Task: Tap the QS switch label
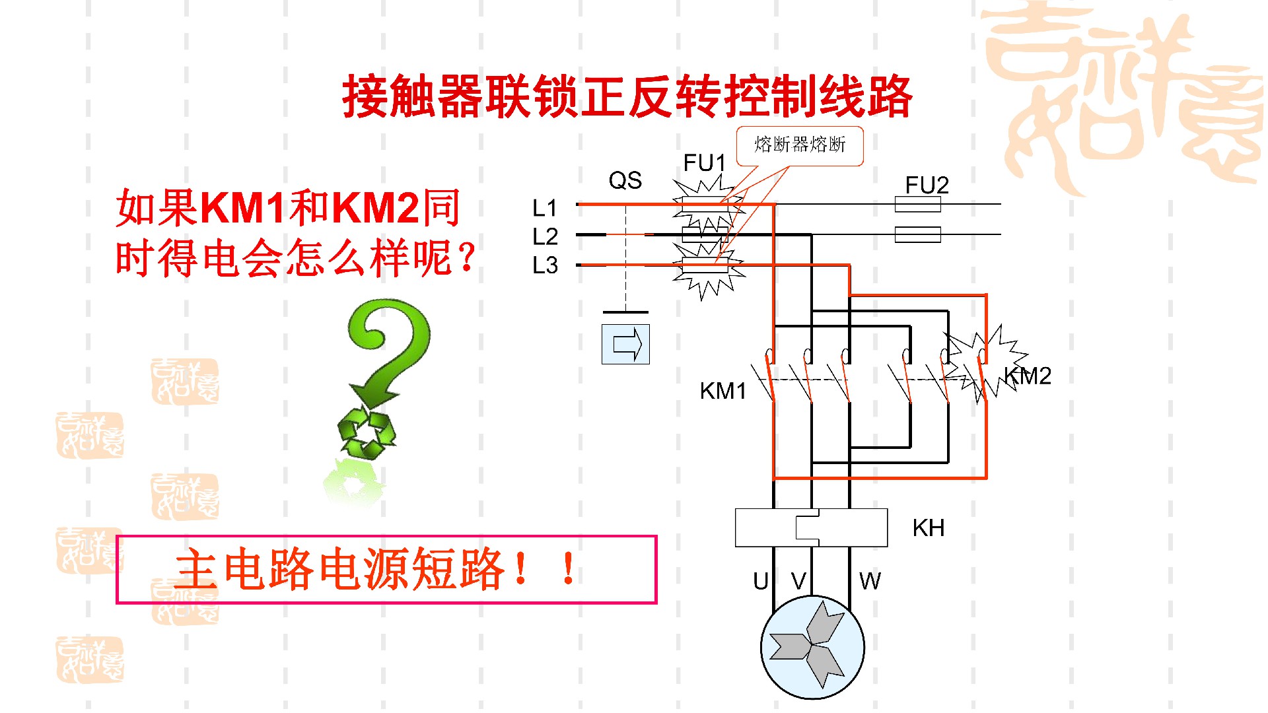coord(625,180)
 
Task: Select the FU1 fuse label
coord(704,162)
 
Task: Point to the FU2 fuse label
coord(927,185)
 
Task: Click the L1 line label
coord(545,209)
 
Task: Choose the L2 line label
coord(545,236)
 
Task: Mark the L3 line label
coord(545,265)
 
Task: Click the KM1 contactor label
coord(722,391)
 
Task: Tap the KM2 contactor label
coord(1029,376)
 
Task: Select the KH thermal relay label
coord(928,528)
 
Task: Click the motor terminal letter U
coord(761,582)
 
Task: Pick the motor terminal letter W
coord(870,582)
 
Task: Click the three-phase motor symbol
coord(812,648)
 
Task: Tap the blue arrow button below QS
coord(625,344)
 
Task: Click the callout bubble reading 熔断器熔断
coord(800,145)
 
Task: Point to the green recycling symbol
coord(366,432)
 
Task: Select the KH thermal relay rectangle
coord(811,527)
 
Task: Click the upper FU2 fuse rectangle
coord(917,204)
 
